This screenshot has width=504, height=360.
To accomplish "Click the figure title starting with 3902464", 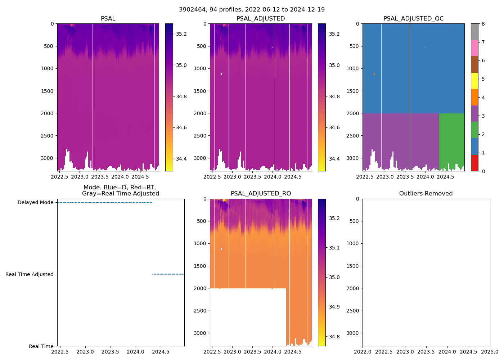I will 252,10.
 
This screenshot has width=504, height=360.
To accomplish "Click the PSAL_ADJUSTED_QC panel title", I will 413,19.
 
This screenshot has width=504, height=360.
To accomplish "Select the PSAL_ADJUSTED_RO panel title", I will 261,194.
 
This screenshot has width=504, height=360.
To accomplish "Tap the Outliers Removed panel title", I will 426,194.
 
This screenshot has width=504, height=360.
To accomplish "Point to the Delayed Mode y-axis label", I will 36,203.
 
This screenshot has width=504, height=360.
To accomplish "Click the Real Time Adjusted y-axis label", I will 30,274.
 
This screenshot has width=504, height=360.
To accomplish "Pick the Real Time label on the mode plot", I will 41,346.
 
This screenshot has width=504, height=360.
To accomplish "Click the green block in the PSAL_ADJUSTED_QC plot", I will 451,140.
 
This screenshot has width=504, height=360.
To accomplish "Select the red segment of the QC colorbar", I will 474,163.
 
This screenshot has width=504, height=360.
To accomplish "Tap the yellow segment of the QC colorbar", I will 474,81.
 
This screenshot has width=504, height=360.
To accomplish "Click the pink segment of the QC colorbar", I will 474,48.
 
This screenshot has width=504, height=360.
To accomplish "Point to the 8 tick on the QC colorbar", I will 483,24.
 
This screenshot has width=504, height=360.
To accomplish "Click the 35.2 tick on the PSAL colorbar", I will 181,34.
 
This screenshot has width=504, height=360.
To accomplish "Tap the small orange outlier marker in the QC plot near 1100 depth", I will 374,74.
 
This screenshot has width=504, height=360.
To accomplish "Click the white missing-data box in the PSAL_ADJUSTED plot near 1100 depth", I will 221,74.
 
